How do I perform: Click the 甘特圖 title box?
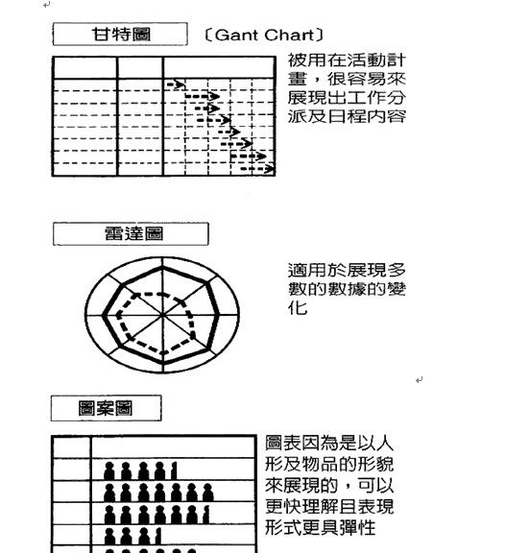coord(120,34)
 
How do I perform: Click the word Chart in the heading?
coord(289,35)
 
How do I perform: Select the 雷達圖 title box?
coord(131,233)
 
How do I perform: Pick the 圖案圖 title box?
coord(107,408)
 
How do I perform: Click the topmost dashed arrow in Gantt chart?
coord(176,84)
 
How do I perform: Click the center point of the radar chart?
coord(162,314)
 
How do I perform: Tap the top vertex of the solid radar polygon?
coord(163,268)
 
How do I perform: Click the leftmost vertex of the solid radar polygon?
coord(104,315)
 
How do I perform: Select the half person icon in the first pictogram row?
coord(174,471)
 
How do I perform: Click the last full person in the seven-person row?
coord(207,493)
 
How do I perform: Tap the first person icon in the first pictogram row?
coord(109,471)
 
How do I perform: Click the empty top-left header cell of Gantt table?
coord(84,68)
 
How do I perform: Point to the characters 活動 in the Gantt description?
coord(357,60)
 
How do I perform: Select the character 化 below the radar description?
coord(298,308)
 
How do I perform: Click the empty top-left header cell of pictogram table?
coord(71,448)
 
